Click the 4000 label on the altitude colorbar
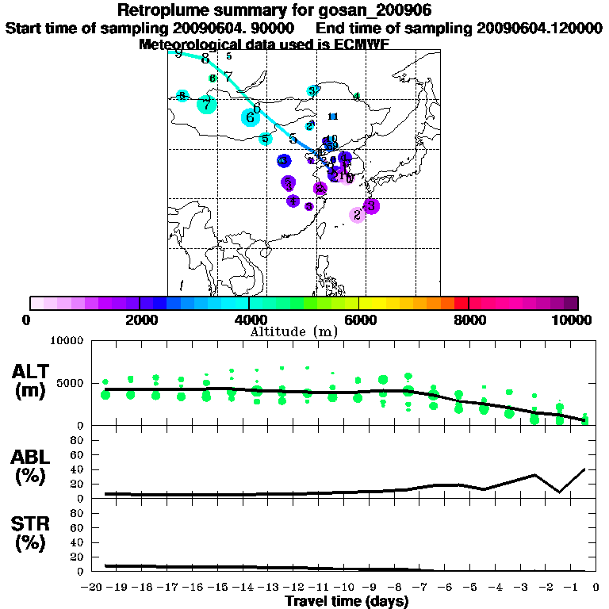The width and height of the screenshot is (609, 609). point(249,320)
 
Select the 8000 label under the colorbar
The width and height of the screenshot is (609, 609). point(469,320)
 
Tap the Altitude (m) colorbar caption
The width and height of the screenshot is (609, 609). point(293,331)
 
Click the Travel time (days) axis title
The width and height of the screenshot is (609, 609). point(347,602)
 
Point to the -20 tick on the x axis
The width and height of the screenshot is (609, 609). point(94,588)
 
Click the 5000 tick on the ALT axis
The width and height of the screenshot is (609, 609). point(71,383)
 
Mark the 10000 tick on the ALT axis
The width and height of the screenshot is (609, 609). point(67,341)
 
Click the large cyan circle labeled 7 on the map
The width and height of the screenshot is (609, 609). point(207,104)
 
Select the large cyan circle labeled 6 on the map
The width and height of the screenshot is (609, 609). point(251,118)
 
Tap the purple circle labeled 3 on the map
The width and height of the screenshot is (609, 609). point(371,205)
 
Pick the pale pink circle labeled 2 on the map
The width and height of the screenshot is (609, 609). point(357,215)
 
